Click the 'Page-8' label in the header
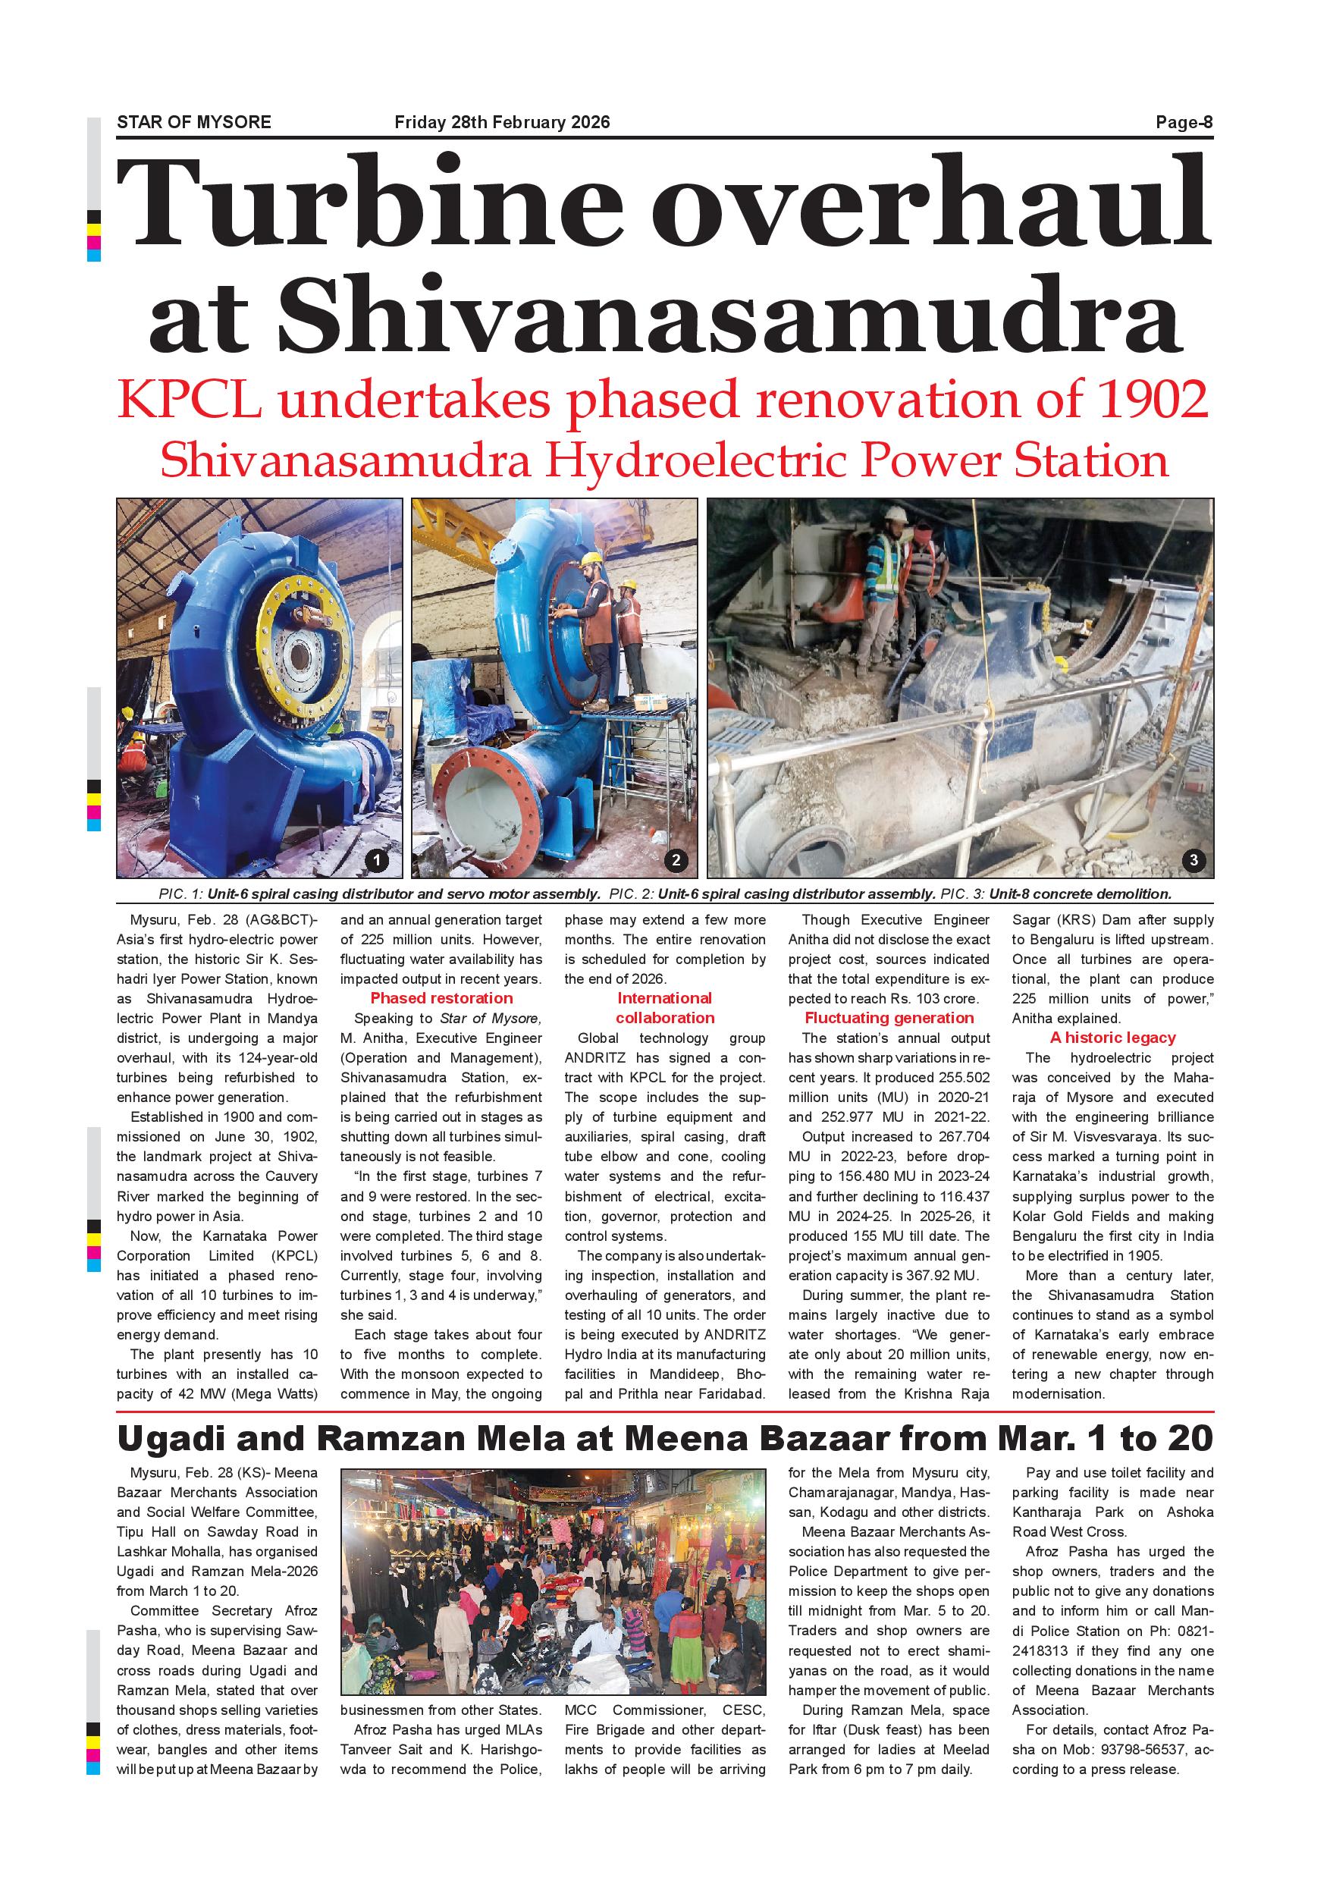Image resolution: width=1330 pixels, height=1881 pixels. coord(1184,123)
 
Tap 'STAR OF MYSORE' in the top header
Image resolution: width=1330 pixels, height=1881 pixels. coord(194,123)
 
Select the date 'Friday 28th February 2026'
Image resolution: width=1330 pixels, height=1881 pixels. coord(502,123)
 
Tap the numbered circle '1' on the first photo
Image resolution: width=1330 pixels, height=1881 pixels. coord(377,859)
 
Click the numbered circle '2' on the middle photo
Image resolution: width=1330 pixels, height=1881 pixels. coord(676,859)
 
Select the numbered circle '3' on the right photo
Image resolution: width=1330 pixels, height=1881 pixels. coord(1194,859)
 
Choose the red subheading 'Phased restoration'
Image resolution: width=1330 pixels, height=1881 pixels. coord(441,998)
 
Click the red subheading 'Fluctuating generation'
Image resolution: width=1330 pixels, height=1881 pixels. coord(889,1018)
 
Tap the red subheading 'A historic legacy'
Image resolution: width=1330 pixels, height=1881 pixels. coord(1113,1037)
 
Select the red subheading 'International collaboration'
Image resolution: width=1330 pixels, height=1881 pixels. coord(665,1008)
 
